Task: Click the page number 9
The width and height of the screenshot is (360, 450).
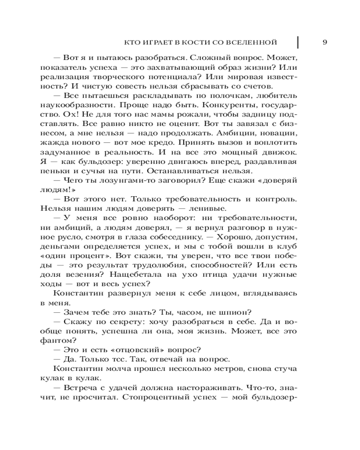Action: (x=325, y=42)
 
